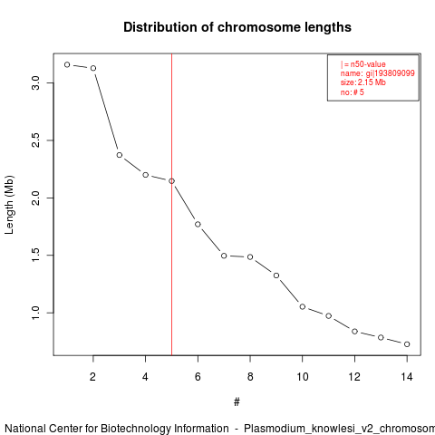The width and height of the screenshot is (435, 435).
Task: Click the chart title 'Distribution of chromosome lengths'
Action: coord(237,27)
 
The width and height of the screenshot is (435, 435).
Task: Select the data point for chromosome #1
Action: coord(67,64)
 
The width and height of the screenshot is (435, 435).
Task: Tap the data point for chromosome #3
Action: coord(120,155)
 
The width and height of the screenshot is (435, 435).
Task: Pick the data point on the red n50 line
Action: coord(171,181)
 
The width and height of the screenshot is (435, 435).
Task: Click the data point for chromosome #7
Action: coord(224,256)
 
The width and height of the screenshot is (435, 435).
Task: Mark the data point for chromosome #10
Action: coord(303,306)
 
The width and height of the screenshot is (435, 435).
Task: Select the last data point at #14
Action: coord(407,344)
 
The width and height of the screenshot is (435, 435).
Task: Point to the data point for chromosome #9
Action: coord(276,275)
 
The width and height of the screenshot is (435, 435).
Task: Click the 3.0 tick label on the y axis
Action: coord(35,82)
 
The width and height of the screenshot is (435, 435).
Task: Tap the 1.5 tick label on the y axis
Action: coord(35,256)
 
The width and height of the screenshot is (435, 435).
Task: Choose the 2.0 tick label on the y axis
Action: coord(35,198)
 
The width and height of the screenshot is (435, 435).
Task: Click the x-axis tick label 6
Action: coord(198,377)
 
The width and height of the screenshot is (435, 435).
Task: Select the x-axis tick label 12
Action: coord(354,377)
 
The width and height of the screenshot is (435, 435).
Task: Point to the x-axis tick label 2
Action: coord(92,377)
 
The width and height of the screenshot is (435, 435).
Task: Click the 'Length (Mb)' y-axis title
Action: coord(9,205)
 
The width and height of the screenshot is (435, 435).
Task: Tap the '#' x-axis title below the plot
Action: coord(237,402)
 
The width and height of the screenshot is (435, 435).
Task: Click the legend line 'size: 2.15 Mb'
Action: coord(363,82)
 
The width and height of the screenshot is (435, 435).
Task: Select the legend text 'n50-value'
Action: coord(368,64)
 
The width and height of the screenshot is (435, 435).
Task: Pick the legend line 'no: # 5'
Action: coord(353,92)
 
